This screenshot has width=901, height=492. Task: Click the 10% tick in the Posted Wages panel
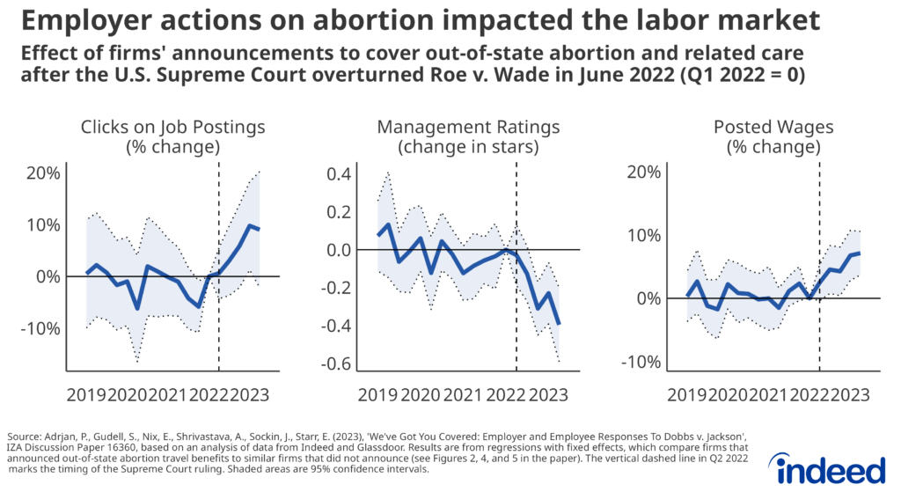tap(646, 235)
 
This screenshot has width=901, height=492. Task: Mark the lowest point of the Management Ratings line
tap(559, 324)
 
